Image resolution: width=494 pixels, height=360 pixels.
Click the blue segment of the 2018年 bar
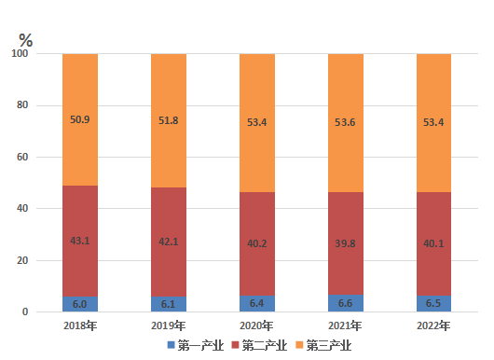click(80, 304)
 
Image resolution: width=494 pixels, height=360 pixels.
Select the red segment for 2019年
click(169, 242)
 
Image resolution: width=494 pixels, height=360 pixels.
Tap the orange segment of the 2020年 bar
click(257, 123)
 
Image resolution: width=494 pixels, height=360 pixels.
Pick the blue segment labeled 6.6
click(346, 303)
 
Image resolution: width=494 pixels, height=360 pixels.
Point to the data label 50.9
click(80, 119)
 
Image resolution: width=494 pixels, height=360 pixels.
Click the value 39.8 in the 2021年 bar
click(345, 243)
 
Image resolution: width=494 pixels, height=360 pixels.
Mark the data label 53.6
click(345, 122)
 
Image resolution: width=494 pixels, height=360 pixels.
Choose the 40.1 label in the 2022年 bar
click(433, 243)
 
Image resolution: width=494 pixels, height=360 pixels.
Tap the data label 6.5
click(433, 303)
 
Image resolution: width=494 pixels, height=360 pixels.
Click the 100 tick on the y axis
click(20, 53)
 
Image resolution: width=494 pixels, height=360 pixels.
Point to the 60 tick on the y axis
click(22, 157)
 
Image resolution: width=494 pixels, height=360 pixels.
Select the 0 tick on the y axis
click(25, 312)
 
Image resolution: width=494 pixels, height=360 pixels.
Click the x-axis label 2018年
click(80, 325)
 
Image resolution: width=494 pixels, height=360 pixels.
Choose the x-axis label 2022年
click(433, 325)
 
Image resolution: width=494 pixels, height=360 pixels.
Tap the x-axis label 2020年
click(256, 325)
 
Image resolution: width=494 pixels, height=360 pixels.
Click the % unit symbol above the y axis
click(25, 40)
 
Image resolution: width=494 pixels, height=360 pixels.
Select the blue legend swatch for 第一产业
click(172, 345)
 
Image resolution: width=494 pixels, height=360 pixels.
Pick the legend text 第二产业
click(265, 345)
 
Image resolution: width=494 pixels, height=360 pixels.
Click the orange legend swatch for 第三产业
click(299, 345)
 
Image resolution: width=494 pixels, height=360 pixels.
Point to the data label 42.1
click(168, 242)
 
